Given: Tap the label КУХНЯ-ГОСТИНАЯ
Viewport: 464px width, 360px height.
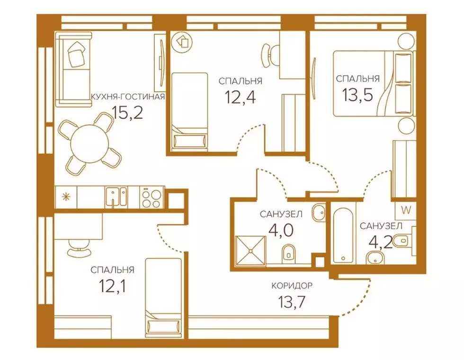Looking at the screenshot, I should (127, 98).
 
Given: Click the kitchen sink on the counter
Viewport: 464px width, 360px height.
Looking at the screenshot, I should (116, 197).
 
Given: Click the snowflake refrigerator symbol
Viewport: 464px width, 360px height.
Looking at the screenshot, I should (65, 197).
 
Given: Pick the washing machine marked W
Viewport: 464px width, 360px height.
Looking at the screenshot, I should (405, 208).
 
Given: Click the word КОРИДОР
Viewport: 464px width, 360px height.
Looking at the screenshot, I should (292, 286).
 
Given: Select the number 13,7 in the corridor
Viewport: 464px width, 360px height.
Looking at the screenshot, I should (292, 301).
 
